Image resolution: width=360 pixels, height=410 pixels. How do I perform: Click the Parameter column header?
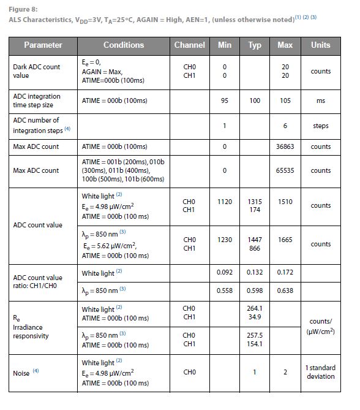[x=43, y=45]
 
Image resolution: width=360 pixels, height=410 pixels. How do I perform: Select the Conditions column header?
[x=124, y=45]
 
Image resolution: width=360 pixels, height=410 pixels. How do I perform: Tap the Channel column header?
[x=189, y=45]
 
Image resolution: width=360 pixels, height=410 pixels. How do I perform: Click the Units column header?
[x=320, y=45]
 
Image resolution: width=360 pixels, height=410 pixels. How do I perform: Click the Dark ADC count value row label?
[x=37, y=71]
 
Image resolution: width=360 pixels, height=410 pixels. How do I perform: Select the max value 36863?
[x=285, y=147]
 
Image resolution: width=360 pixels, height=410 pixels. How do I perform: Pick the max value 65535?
[x=285, y=170]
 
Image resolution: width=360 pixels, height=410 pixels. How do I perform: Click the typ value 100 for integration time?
[x=255, y=101]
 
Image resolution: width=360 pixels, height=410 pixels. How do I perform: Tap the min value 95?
[x=224, y=101]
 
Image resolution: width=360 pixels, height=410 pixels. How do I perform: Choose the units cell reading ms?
[x=320, y=101]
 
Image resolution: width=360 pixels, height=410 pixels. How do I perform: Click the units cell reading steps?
[x=320, y=126]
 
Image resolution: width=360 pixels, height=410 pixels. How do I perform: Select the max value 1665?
[x=285, y=240]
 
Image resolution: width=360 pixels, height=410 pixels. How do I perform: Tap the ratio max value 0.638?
[x=285, y=290]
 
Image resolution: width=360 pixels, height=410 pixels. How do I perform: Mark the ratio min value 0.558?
[x=224, y=290]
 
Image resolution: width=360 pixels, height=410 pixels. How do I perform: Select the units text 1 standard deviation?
[x=320, y=372]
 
